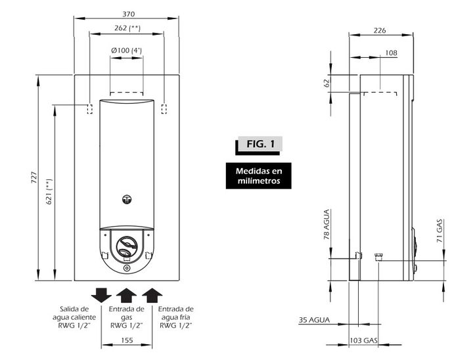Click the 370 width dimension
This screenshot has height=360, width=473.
(129, 14)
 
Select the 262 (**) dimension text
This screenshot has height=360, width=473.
(127, 28)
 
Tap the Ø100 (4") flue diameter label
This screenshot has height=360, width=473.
(126, 51)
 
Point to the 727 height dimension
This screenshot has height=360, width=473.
(34, 177)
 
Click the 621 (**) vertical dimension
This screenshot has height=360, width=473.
(49, 191)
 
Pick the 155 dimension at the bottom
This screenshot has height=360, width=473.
(127, 340)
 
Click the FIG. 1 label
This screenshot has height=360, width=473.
(260, 144)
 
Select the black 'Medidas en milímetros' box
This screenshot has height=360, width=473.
(259, 176)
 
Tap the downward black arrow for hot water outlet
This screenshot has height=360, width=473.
(101, 295)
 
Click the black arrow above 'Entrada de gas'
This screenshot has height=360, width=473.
(126, 295)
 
